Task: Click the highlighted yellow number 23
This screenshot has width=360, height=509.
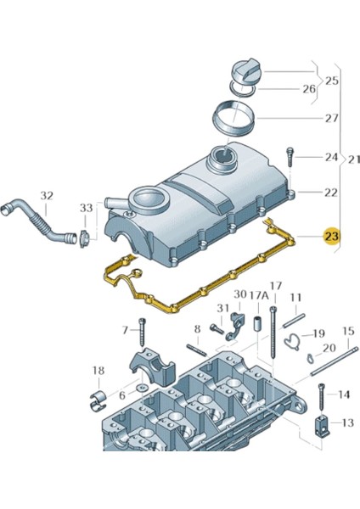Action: [332, 236]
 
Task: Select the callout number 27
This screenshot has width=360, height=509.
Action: [332, 118]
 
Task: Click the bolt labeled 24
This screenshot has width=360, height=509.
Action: [290, 157]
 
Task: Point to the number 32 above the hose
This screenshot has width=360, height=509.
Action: [47, 196]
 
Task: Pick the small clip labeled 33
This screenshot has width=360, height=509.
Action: [85, 238]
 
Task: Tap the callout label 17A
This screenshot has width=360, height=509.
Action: [259, 296]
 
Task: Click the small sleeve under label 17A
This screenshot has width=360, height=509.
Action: [257, 322]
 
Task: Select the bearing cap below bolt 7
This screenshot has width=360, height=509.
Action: [153, 366]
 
